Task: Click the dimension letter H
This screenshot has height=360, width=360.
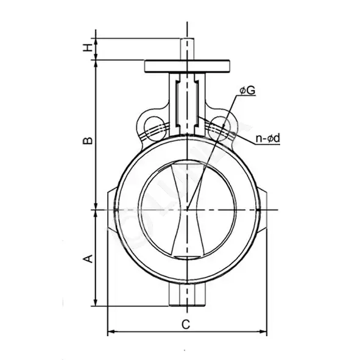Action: click(88, 48)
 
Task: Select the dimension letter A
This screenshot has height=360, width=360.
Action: click(88, 258)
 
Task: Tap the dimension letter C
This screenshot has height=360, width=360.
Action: click(186, 325)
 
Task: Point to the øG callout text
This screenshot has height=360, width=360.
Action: click(247, 91)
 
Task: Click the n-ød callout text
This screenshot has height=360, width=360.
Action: click(268, 138)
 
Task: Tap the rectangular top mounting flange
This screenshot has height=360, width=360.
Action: click(187, 66)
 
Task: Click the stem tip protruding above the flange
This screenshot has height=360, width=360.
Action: click(187, 49)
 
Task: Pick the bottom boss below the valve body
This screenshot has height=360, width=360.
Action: click(187, 295)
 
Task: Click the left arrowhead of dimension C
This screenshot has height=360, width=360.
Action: click(111, 331)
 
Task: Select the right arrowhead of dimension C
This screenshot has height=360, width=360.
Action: click(263, 331)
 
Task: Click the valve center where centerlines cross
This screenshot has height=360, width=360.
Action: click(188, 210)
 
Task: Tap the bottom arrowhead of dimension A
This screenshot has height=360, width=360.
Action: click(96, 303)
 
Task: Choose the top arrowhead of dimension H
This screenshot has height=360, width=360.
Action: click(96, 42)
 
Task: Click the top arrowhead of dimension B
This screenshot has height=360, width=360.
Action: click(96, 64)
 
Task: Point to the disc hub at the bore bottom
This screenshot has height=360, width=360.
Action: click(187, 257)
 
